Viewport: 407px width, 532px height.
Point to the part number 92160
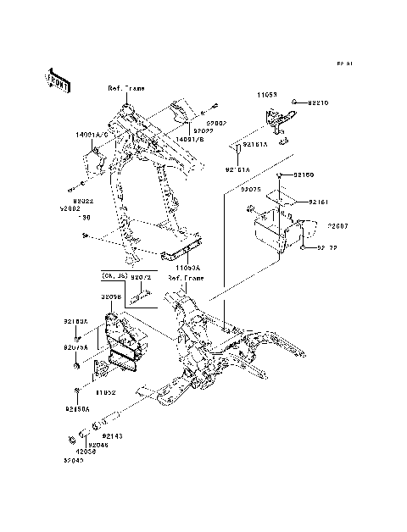click(x=304, y=174)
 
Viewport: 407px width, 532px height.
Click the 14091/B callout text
click(x=191, y=139)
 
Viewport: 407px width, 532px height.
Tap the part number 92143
click(x=113, y=435)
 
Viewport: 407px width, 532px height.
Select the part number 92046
click(x=99, y=443)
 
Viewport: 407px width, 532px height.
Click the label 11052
click(x=105, y=393)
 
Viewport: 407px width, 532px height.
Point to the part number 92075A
click(x=75, y=347)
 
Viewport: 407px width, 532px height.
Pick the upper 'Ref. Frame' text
click(x=127, y=88)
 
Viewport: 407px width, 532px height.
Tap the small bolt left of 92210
click(x=293, y=102)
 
